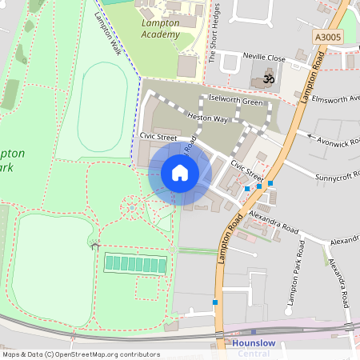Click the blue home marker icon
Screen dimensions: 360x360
point(179,174)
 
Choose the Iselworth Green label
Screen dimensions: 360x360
point(235,101)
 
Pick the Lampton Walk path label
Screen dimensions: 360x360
point(106,32)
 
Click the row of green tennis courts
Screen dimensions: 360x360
point(136,263)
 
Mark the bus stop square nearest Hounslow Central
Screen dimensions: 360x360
point(215,302)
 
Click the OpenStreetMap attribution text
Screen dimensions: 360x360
point(80,354)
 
